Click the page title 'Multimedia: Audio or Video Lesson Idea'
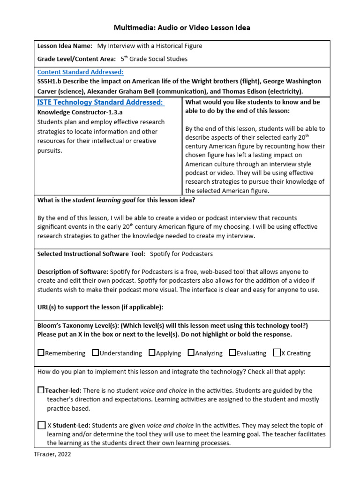point(182,28)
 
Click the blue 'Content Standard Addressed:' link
point(80,72)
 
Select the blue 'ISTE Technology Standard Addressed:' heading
point(100,102)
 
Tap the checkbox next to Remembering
point(41,352)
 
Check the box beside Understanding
point(96,352)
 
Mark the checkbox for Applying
point(152,352)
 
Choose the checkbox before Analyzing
point(191,352)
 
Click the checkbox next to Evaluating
point(232,352)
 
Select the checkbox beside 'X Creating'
point(277,352)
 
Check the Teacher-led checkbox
point(41,390)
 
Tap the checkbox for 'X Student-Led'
point(41,426)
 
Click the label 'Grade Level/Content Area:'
point(76,59)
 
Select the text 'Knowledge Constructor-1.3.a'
point(77,112)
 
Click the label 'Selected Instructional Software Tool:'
point(91,254)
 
